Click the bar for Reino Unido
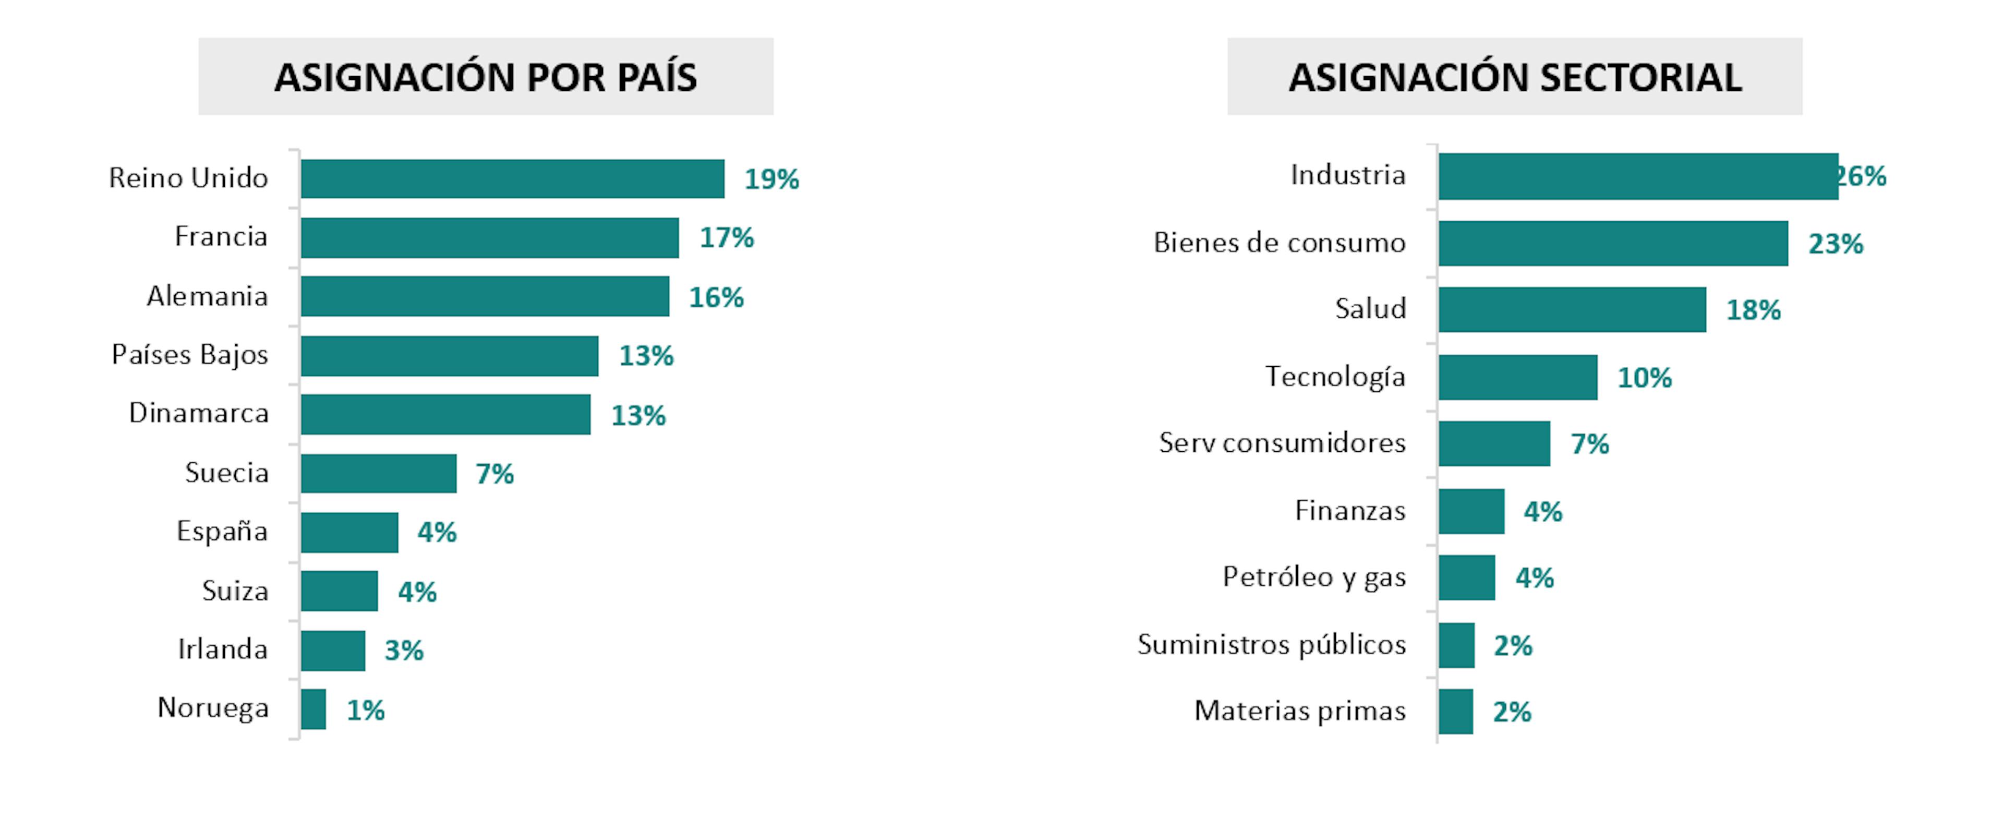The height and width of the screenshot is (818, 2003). [x=512, y=179]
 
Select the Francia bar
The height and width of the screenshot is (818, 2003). [x=490, y=238]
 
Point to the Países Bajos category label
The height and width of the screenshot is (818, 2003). [x=190, y=355]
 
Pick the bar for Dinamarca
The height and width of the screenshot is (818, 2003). [x=445, y=414]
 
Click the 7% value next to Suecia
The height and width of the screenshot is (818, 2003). [x=494, y=474]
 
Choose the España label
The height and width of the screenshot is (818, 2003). [x=222, y=532]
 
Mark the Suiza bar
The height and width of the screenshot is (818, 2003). [x=339, y=591]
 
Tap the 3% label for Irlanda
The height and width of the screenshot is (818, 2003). [x=404, y=650]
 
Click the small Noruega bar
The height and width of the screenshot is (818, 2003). [x=313, y=709]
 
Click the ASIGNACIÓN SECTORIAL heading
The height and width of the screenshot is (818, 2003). [x=1515, y=77]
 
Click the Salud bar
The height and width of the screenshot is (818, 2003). [x=1572, y=309]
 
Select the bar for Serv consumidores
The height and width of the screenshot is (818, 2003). [x=1494, y=444]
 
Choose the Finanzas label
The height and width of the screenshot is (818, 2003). [x=1350, y=511]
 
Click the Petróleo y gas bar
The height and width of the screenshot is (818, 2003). [x=1466, y=578]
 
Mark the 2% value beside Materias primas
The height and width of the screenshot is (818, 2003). [x=1512, y=712]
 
